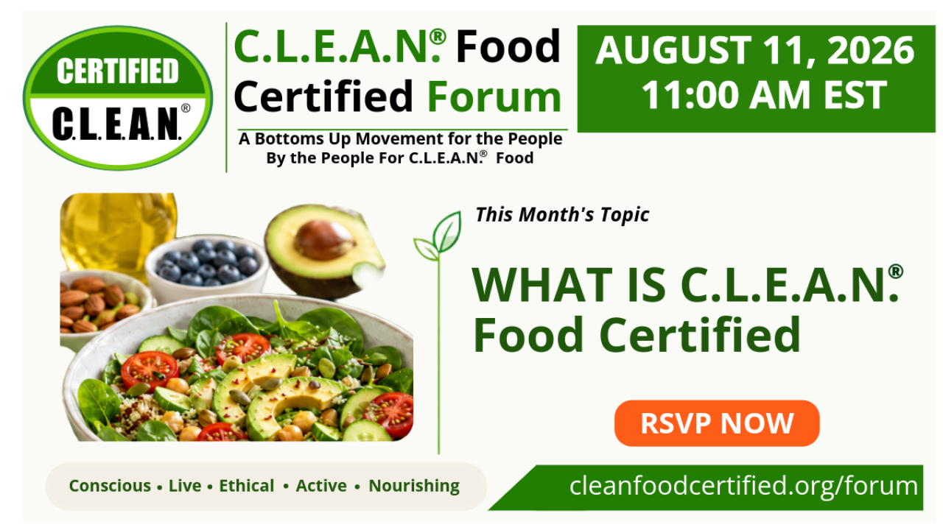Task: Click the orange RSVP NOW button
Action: (x=717, y=423)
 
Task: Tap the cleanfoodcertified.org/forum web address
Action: (x=743, y=486)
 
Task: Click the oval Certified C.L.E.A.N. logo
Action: (x=118, y=98)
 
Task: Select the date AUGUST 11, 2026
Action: (x=755, y=50)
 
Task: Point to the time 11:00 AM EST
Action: (x=764, y=95)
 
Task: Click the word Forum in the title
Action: (x=494, y=96)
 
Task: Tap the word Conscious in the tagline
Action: (x=110, y=486)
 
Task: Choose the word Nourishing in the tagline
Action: (x=414, y=487)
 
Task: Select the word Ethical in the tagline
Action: (x=246, y=486)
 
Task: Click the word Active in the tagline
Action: (x=321, y=486)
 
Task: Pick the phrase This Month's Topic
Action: (x=562, y=215)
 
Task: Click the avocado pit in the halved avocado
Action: (x=323, y=240)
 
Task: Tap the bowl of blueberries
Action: (x=206, y=267)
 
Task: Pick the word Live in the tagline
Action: (x=185, y=486)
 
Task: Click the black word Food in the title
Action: (x=508, y=46)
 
